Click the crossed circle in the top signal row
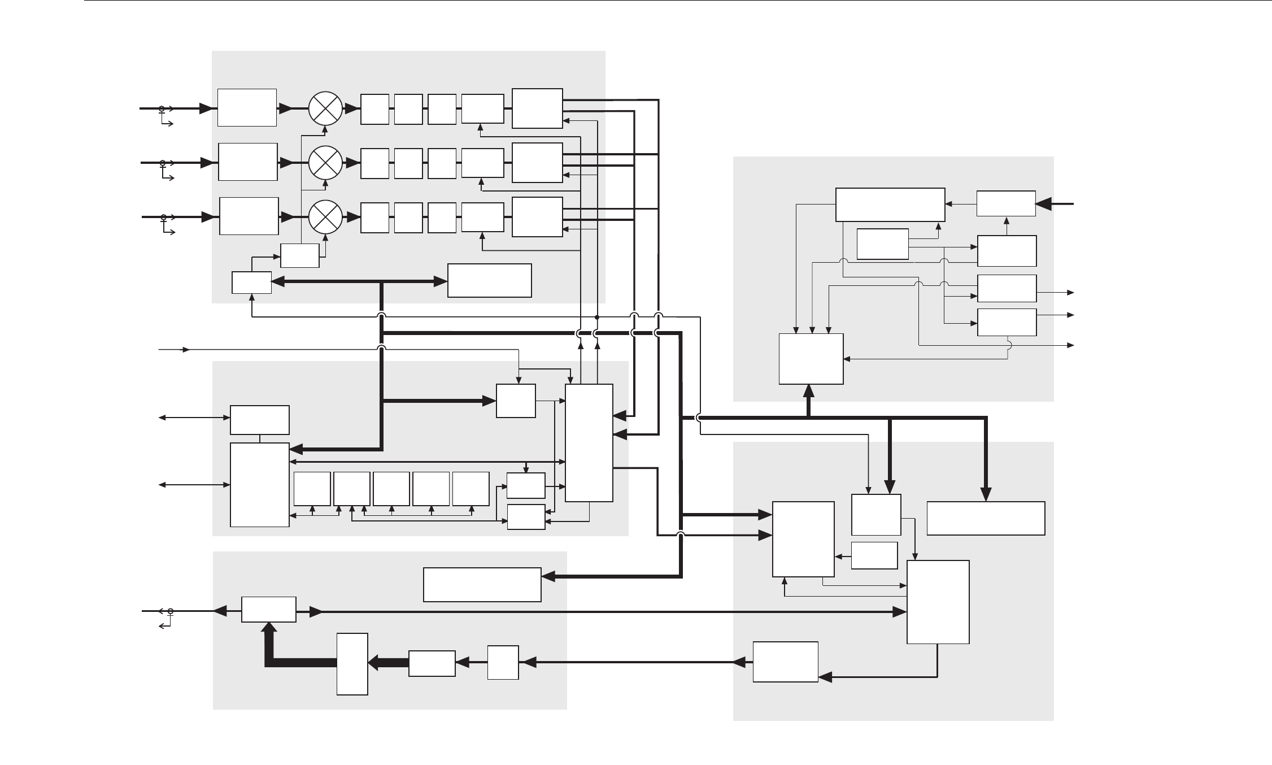[x=326, y=108]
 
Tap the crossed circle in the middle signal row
[x=326, y=163]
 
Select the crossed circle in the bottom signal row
[x=326, y=217]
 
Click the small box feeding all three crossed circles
[x=300, y=255]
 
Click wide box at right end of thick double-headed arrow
[x=489, y=280]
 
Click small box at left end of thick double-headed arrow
[x=251, y=282]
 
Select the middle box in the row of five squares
[x=391, y=489]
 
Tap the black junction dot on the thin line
[x=597, y=317]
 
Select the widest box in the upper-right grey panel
[x=890, y=205]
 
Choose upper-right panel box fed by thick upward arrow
[x=811, y=359]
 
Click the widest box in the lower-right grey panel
[x=986, y=518]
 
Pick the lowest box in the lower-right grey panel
[x=785, y=662]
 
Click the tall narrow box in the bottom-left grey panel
[x=352, y=664]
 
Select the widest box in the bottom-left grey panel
[x=482, y=585]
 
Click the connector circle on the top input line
[x=162, y=108]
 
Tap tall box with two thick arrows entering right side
[x=589, y=442]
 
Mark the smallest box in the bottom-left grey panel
[x=503, y=662]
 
